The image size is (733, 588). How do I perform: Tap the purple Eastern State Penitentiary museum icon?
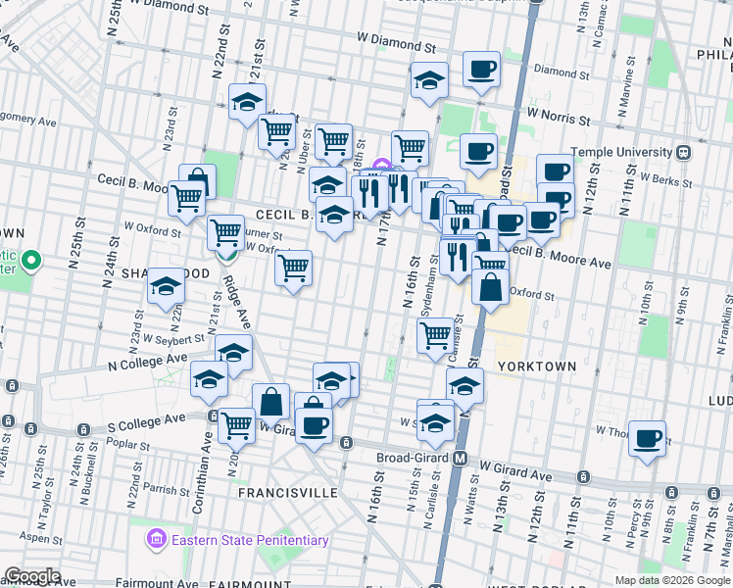156,540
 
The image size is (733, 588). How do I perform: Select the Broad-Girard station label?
414,458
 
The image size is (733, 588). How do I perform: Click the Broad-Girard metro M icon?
459,458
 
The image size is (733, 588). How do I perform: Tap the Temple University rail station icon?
682,152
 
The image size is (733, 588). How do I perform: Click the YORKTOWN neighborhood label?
536,366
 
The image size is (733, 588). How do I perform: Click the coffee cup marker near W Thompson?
647,438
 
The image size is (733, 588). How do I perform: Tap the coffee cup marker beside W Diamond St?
480,69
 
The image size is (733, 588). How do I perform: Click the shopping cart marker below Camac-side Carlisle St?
436,334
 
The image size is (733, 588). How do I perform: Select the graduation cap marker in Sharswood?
167,286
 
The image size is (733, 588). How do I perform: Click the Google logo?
31,576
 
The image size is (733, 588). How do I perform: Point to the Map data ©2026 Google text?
671,580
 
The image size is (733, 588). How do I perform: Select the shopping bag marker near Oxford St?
490,288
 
